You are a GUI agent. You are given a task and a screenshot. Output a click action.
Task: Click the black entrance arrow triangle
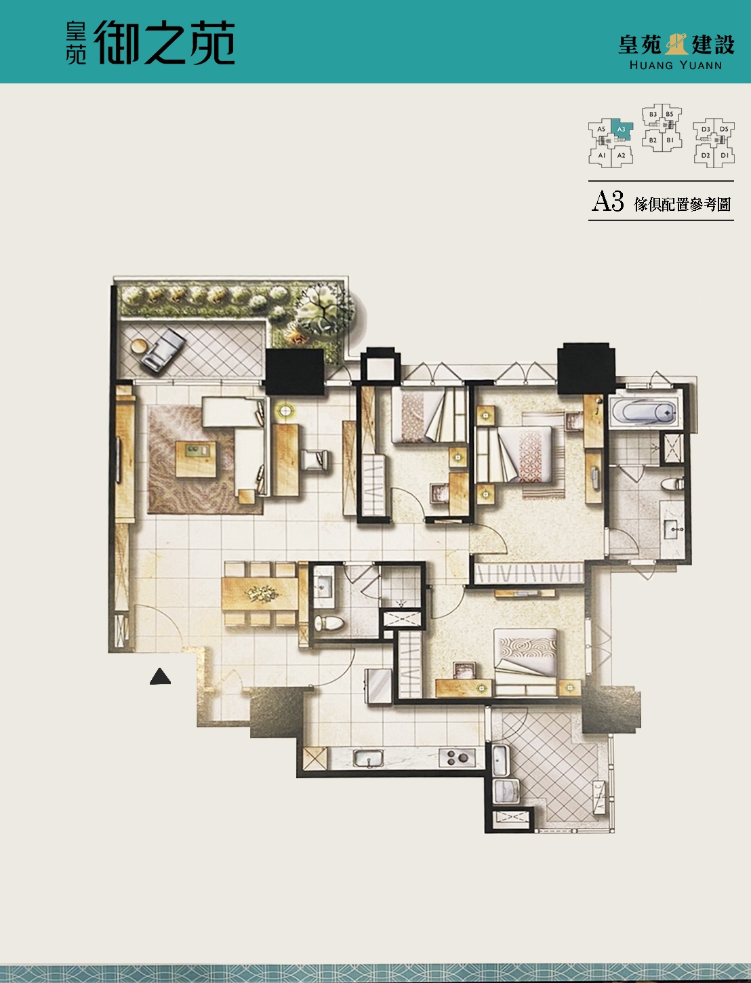tap(160, 677)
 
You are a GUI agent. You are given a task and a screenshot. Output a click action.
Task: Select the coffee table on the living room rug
tap(196, 459)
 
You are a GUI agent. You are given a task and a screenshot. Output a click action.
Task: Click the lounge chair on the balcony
tap(163, 349)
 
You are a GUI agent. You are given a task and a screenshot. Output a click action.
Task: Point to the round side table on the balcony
tap(139, 346)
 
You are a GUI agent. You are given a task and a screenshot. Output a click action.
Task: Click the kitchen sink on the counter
tap(368, 759)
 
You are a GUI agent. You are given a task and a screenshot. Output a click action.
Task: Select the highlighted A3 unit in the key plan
tap(622, 130)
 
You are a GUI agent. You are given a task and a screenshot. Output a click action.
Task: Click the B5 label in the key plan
tap(669, 114)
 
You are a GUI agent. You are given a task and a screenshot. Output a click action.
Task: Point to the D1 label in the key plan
tap(725, 155)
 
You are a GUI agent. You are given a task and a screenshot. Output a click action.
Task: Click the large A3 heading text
tap(607, 201)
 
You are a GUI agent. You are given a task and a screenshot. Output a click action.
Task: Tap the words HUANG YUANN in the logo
tap(675, 65)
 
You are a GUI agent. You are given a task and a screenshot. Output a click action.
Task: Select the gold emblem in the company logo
tap(676, 43)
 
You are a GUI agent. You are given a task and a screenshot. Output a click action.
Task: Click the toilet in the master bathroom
tap(672, 484)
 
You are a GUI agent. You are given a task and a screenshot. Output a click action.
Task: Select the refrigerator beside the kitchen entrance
tap(378, 687)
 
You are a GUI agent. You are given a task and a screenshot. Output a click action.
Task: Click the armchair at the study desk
tap(315, 461)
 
